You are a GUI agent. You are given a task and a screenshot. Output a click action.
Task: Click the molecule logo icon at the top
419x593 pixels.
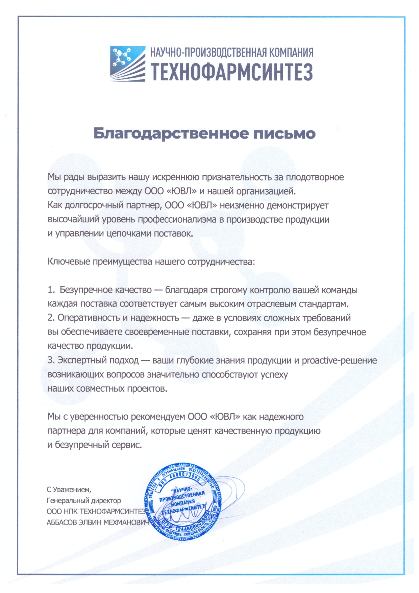[127, 63]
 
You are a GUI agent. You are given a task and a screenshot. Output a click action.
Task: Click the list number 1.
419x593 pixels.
[51, 290]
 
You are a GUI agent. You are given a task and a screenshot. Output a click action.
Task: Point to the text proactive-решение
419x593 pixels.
[339, 360]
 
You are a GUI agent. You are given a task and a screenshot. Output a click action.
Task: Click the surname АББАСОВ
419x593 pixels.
[61, 522]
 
